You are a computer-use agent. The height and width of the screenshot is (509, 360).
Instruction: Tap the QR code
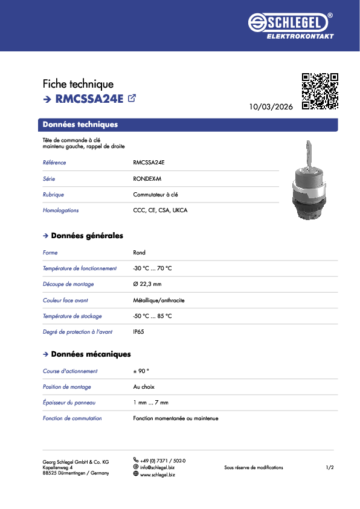320,91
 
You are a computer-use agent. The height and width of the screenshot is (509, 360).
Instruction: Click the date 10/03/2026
271,106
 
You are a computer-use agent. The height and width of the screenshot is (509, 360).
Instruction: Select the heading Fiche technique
78,84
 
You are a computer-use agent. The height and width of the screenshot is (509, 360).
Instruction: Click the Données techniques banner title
80,125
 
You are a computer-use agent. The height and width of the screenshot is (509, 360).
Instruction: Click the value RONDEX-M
147,179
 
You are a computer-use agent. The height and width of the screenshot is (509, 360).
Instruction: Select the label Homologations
60,210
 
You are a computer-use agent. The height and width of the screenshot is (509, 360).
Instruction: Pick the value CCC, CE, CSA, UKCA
160,210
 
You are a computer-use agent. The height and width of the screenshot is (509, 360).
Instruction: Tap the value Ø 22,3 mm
147,284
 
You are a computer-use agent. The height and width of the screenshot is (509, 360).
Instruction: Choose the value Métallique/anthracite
159,300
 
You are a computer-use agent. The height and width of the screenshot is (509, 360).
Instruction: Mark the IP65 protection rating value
139,332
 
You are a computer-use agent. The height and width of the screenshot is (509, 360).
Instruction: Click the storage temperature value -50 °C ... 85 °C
152,316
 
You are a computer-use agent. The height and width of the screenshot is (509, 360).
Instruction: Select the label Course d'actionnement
70,371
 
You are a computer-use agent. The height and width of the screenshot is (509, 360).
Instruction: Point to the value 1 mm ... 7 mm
150,403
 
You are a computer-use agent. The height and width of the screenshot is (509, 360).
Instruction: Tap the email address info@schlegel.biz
158,468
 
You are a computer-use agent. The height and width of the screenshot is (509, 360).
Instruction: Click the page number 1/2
330,468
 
